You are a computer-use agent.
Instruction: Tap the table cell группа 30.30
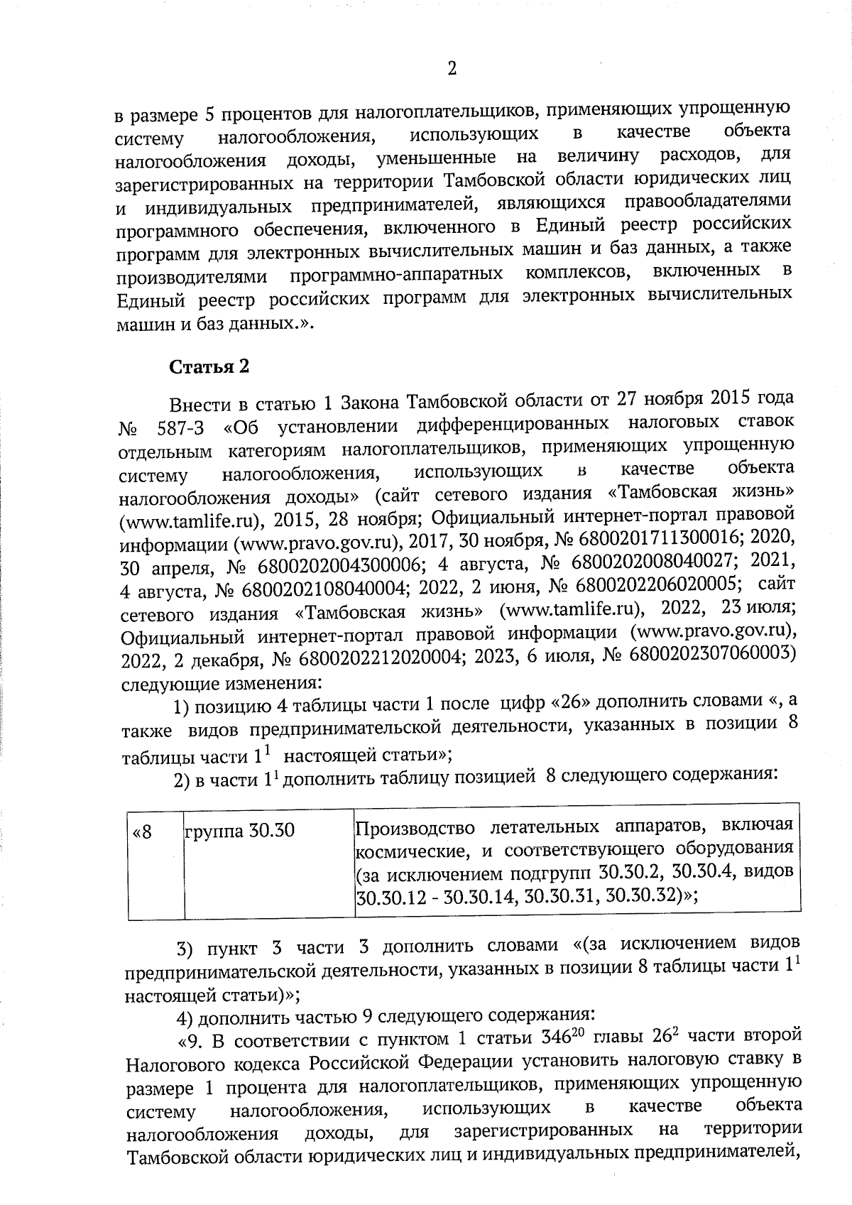tap(239, 830)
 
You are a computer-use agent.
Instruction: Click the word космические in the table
tap(408, 851)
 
